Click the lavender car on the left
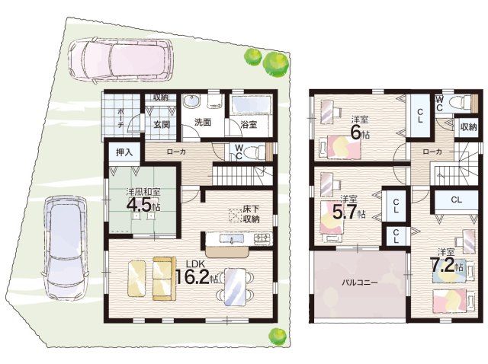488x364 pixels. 65,248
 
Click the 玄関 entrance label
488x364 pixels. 162,125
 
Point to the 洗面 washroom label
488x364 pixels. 203,123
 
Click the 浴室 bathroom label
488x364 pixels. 249,124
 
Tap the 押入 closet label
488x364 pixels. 124,152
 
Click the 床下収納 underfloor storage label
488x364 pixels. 251,215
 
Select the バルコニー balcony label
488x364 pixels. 359,283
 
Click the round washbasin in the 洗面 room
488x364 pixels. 191,101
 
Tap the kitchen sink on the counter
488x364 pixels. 232,238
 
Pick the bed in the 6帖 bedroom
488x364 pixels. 340,147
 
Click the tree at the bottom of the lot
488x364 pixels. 277,335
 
